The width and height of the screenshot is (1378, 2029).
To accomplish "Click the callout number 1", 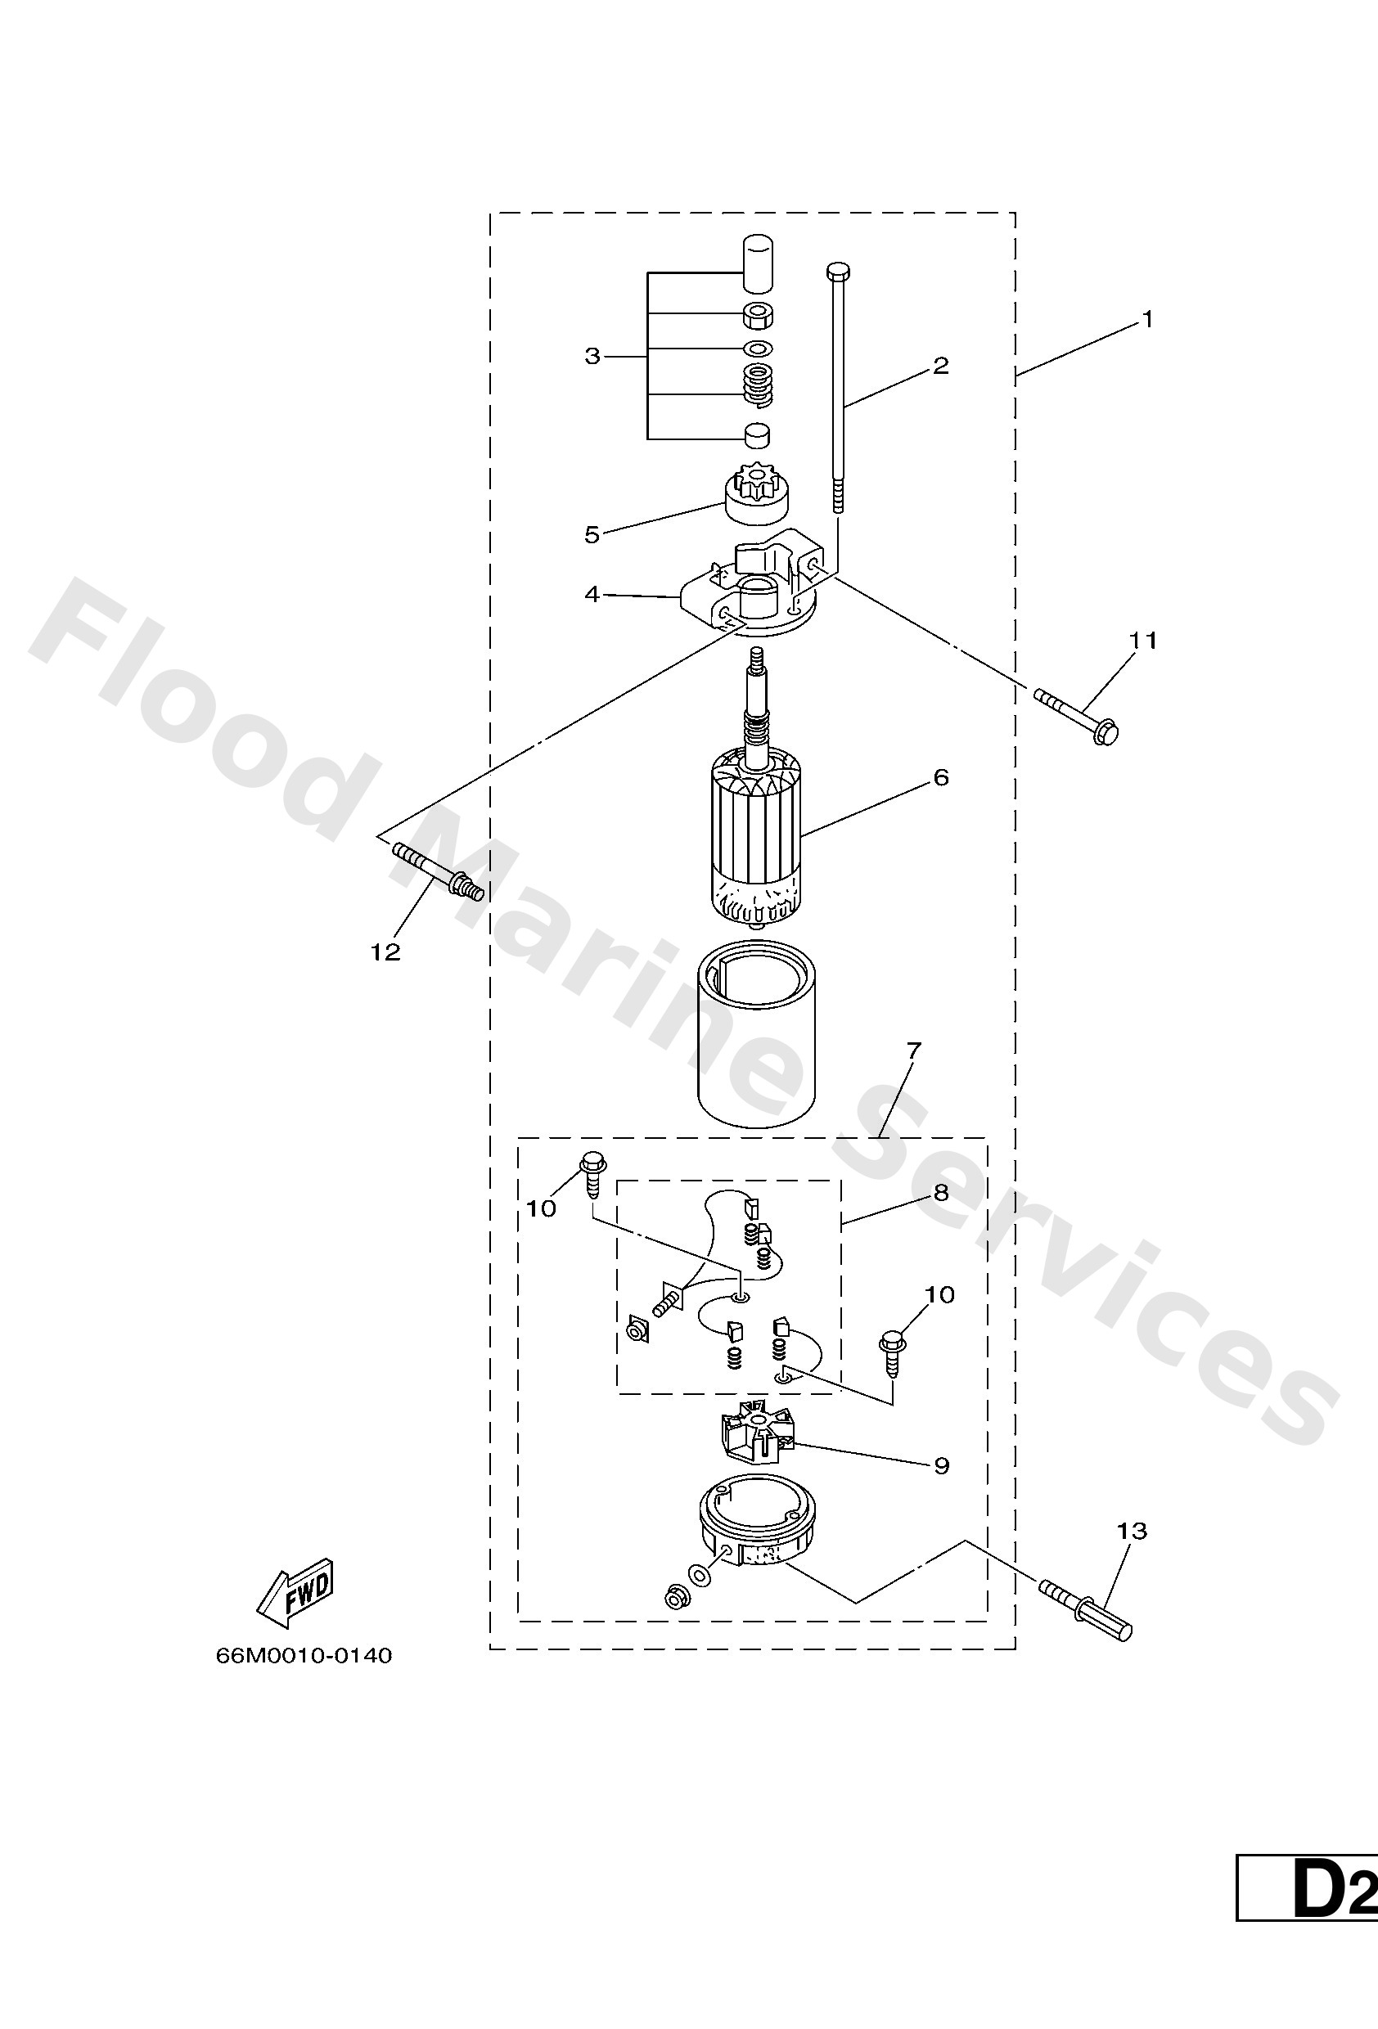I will click(x=1147, y=321).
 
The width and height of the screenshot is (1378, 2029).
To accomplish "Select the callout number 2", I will click(x=939, y=365).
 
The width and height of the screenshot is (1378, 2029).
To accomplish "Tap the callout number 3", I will click(x=593, y=356).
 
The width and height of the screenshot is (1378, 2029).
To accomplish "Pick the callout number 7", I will click(x=914, y=1051).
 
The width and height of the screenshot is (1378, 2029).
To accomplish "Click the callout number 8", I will click(x=939, y=1194).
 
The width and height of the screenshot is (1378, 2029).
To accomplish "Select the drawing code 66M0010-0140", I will click(x=304, y=1656).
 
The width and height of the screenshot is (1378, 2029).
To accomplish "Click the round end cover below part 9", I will click(x=757, y=1530).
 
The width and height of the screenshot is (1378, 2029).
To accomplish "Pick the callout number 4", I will click(x=592, y=595).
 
